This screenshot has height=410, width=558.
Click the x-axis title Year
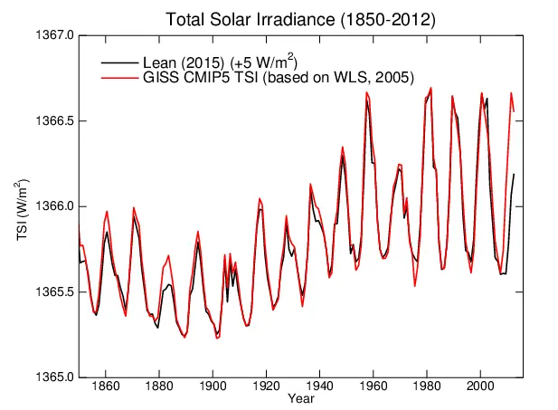(301, 398)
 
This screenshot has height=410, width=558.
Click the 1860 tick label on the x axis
(106, 386)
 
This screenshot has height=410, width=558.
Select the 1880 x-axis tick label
(159, 386)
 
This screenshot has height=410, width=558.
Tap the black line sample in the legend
(120, 62)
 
